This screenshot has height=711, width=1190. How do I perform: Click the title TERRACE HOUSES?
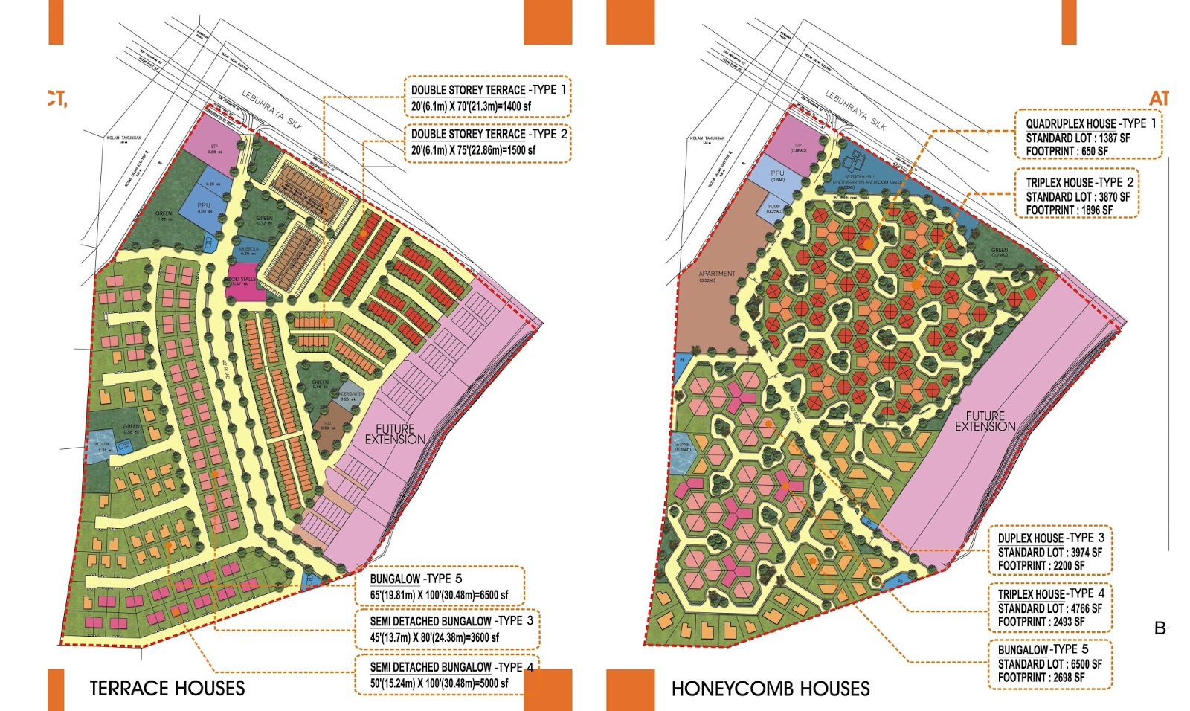pos(167,689)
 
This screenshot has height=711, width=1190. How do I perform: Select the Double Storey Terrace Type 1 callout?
pos(488,97)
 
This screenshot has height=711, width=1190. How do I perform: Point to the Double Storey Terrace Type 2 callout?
pos(489,142)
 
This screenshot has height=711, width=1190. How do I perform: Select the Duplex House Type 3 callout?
pos(1050,551)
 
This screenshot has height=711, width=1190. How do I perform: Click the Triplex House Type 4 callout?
pos(1050,607)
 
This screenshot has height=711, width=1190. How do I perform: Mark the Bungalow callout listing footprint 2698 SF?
pos(1050,663)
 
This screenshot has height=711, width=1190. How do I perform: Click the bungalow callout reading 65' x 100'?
pos(439,587)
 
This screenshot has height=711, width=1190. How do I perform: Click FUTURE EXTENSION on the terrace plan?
pos(395,434)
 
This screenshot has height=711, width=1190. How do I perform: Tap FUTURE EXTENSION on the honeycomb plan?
pos(985,421)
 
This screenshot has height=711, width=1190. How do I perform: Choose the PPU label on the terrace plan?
pos(204,206)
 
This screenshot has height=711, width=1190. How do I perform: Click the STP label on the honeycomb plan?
pos(798,147)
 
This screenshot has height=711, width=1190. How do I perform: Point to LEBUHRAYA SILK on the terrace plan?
pos(272,110)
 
